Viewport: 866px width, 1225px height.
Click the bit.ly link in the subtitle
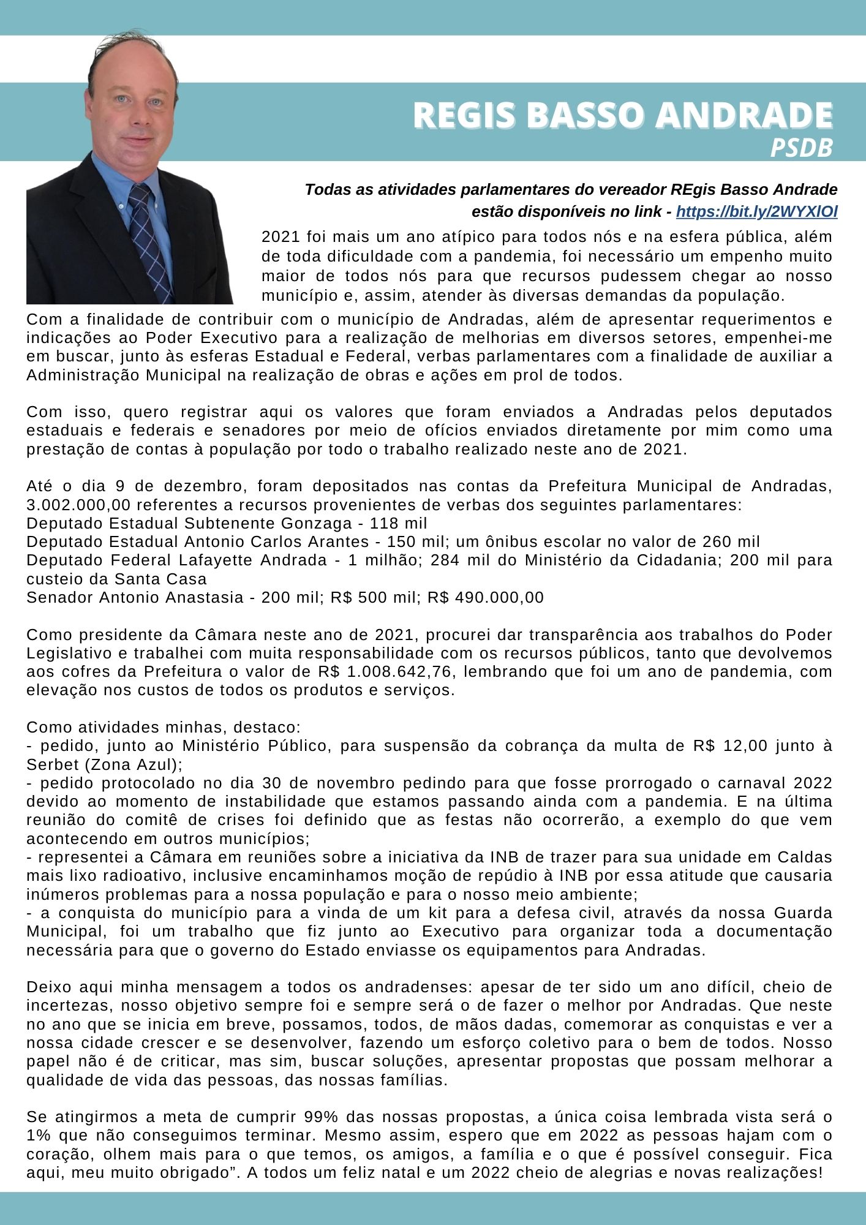[x=757, y=212]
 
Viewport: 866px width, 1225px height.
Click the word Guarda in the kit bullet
[x=803, y=913]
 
